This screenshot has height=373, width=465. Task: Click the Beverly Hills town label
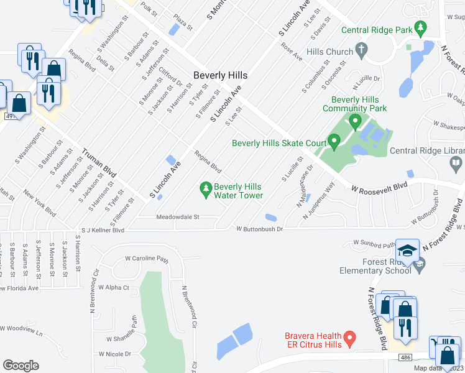click(x=220, y=75)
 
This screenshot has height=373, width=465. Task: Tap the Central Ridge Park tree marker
click(x=421, y=28)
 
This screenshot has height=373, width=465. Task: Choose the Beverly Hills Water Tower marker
click(x=206, y=187)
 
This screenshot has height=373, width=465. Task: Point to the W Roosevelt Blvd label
click(x=379, y=186)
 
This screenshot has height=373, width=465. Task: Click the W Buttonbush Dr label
click(x=259, y=229)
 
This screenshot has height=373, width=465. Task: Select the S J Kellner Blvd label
click(x=103, y=229)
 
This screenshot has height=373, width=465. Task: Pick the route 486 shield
click(x=407, y=357)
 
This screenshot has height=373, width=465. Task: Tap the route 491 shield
click(x=8, y=116)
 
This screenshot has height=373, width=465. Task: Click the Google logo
click(x=21, y=365)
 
